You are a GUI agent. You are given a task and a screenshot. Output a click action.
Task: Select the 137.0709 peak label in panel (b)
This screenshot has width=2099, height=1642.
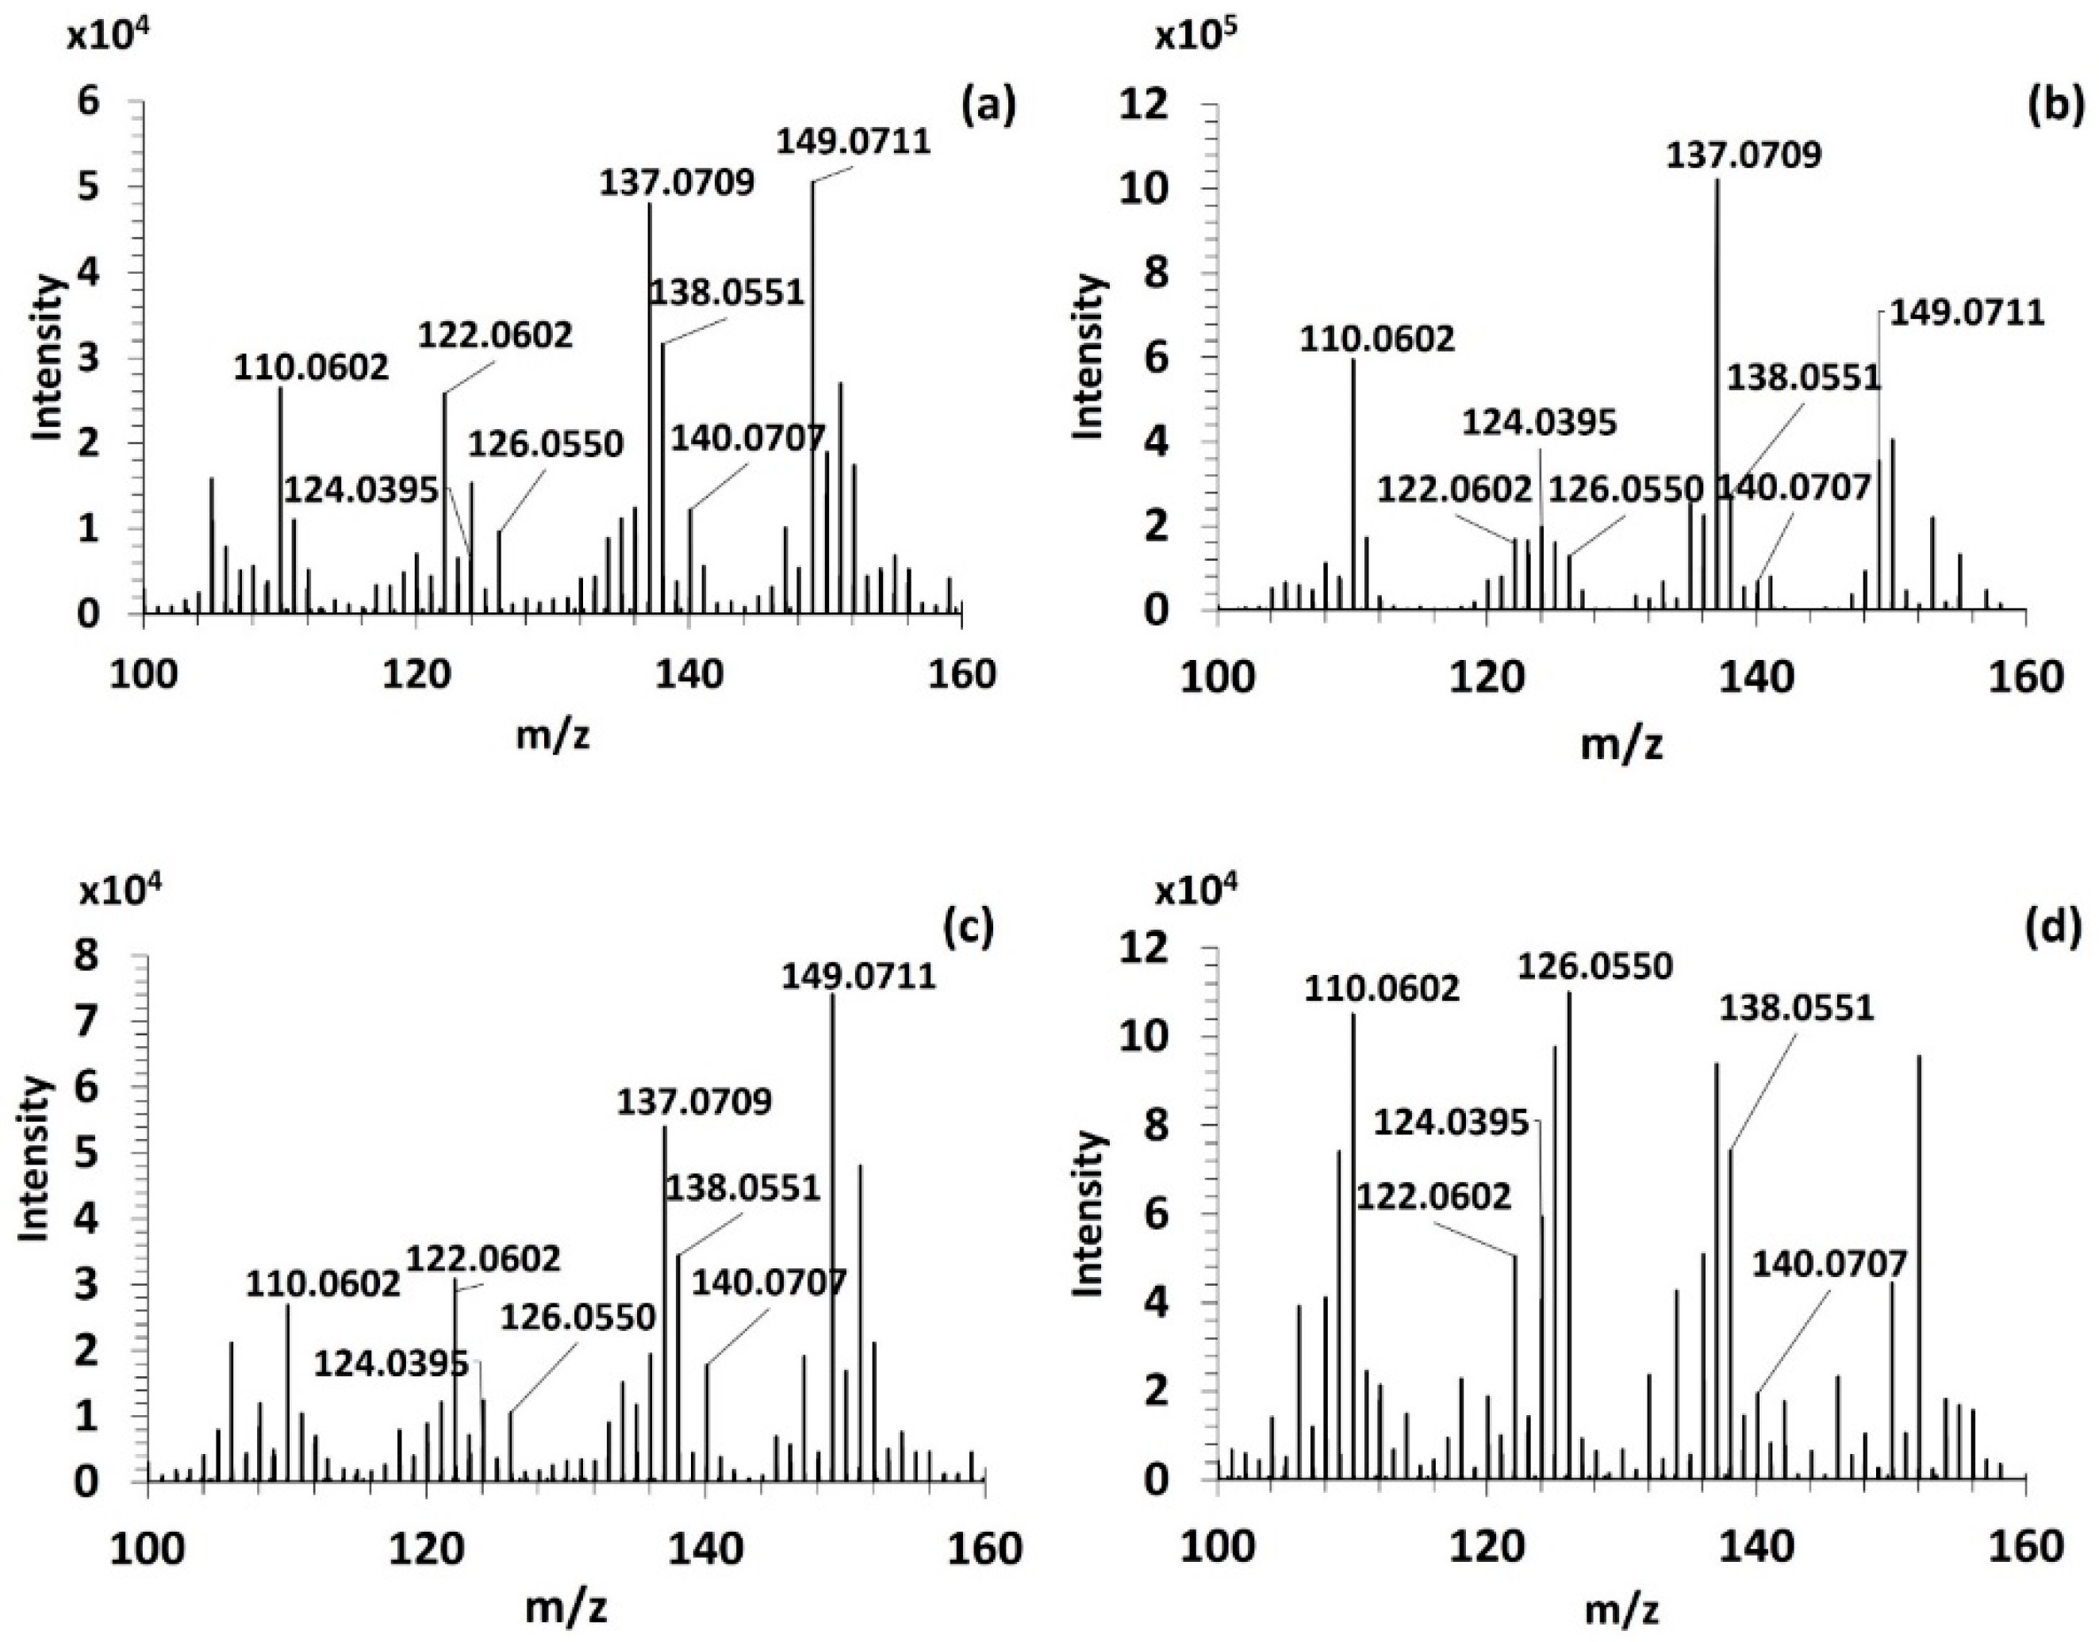1744,155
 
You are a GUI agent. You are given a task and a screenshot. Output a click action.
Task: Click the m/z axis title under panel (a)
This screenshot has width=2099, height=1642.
553,735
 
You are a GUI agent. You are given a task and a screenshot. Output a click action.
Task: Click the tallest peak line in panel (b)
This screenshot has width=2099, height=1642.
1717,394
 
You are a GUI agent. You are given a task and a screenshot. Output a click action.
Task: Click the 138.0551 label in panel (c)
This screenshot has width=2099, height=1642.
743,1188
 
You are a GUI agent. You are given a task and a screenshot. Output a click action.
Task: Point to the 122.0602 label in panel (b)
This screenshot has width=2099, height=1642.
1454,490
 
